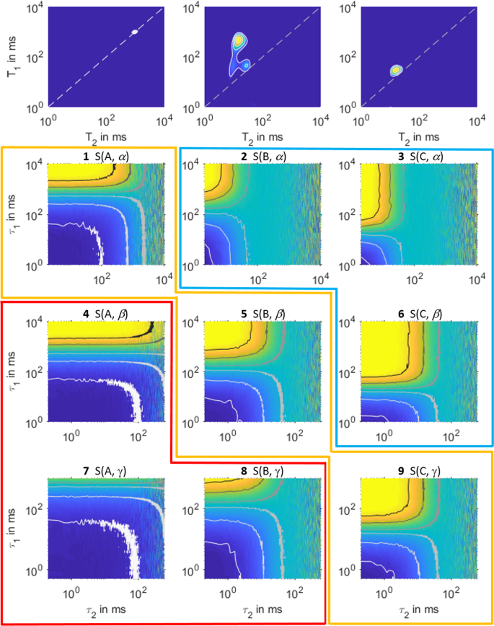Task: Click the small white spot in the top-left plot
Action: tap(134, 32)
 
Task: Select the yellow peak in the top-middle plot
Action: tap(239, 41)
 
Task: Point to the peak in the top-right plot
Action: tap(395, 71)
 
